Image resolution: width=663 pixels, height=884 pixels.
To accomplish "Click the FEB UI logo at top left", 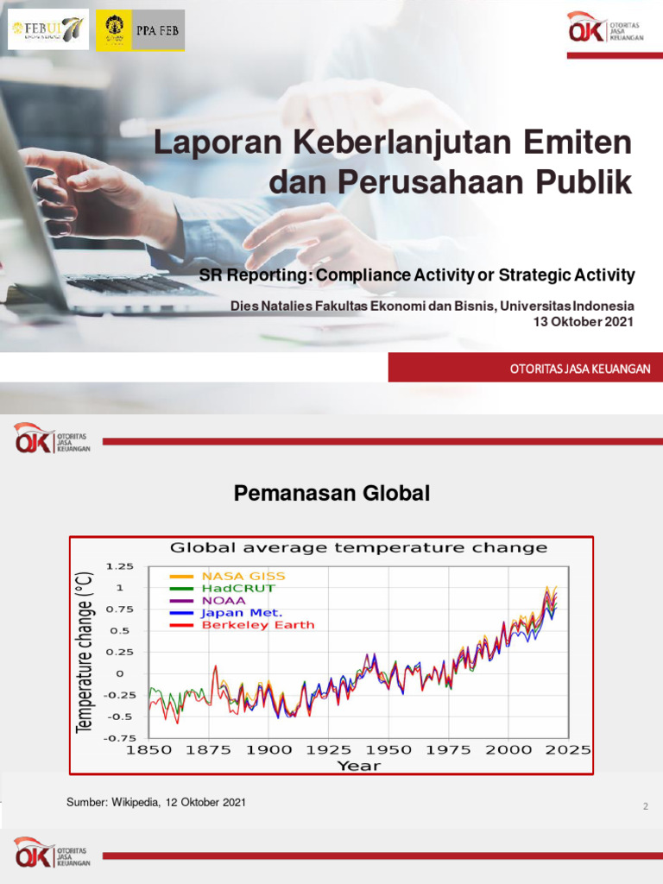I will [48, 30].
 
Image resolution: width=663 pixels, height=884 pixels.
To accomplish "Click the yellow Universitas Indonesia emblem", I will [115, 30].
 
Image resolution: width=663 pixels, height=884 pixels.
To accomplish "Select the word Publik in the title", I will [583, 182].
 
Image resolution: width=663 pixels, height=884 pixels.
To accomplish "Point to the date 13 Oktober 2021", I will [585, 322].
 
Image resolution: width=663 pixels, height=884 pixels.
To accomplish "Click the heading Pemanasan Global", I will [331, 494].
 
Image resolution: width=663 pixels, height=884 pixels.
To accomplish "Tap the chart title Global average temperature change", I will [358, 547].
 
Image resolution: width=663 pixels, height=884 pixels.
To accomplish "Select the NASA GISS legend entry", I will [243, 576].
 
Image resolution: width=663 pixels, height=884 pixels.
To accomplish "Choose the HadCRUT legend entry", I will [237, 588].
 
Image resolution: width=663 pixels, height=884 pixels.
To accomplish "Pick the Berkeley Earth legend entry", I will [257, 625].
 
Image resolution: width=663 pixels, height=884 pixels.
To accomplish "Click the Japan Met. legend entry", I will [241, 613].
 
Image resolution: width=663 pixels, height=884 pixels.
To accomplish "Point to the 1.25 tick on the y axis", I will [120, 566].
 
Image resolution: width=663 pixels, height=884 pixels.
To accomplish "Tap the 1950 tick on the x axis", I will [388, 750].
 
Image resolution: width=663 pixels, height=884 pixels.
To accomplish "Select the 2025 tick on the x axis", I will [567, 750].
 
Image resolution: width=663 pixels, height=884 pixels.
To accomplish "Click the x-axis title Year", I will [358, 765].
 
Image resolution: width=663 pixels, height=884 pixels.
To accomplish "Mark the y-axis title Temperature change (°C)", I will [85, 653].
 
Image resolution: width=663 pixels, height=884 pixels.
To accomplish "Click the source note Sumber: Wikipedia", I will [156, 803].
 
